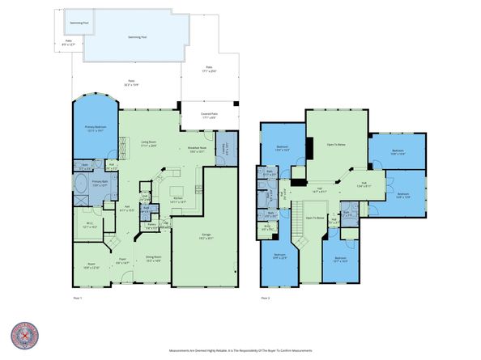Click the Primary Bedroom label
96,128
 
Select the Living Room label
148,144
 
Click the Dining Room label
154,258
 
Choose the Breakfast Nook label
196,150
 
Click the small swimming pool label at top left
79,23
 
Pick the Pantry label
151,227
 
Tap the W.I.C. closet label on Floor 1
90,226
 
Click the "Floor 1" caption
76,298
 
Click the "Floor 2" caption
266,298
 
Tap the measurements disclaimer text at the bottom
240,351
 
